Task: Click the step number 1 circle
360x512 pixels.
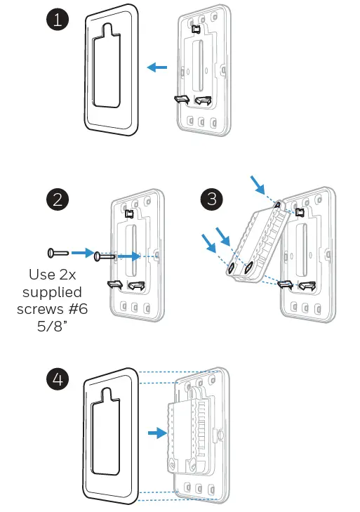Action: point(58,20)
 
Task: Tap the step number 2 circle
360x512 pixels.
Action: point(58,199)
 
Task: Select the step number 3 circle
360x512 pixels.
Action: point(212,199)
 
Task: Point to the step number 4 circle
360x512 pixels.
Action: point(58,379)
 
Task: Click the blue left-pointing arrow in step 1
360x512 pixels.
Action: point(157,67)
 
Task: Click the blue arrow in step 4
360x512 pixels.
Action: point(157,433)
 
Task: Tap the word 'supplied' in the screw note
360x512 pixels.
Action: point(52,293)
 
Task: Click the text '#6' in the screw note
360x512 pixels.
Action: point(79,309)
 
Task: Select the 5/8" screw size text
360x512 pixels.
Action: point(52,326)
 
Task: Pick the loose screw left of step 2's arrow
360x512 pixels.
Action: point(58,253)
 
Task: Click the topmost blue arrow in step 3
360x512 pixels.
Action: point(258,185)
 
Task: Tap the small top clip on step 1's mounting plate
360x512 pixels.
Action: point(196,29)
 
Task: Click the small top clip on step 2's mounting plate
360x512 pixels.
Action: point(130,214)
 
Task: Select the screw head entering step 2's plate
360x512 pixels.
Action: point(98,256)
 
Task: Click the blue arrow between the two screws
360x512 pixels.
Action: point(83,252)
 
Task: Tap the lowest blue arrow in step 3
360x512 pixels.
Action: point(209,243)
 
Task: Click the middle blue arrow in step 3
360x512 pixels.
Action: point(223,237)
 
